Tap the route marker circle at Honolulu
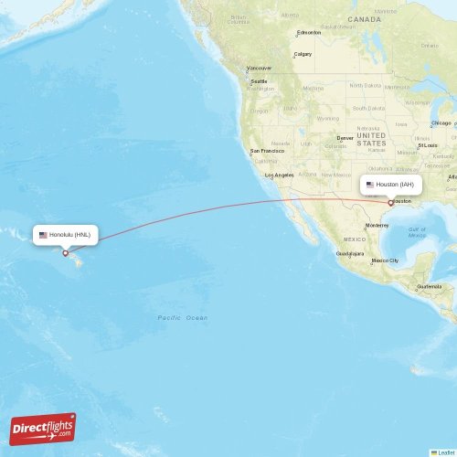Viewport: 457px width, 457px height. pos(65,253)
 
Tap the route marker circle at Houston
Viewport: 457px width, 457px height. pos(391,202)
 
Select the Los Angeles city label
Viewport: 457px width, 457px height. pos(279,175)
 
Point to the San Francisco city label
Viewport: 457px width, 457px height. pos(268,151)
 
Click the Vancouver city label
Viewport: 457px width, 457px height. pos(260,68)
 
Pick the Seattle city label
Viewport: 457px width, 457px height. pos(260,81)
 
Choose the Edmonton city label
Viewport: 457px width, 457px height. pos(309,34)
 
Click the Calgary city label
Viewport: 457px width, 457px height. pos(303,54)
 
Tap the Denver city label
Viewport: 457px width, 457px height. pos(345,138)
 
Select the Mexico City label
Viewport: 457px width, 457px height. pos(385,260)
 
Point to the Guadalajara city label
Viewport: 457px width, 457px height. pos(350,253)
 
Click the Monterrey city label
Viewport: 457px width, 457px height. pos(377,225)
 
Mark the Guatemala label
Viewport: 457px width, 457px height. pos(430,286)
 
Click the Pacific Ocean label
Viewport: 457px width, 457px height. pos(182,317)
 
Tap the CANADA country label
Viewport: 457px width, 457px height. pos(364,18)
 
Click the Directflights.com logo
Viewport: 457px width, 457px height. pos(44,428)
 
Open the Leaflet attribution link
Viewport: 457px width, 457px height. pos(445,452)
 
